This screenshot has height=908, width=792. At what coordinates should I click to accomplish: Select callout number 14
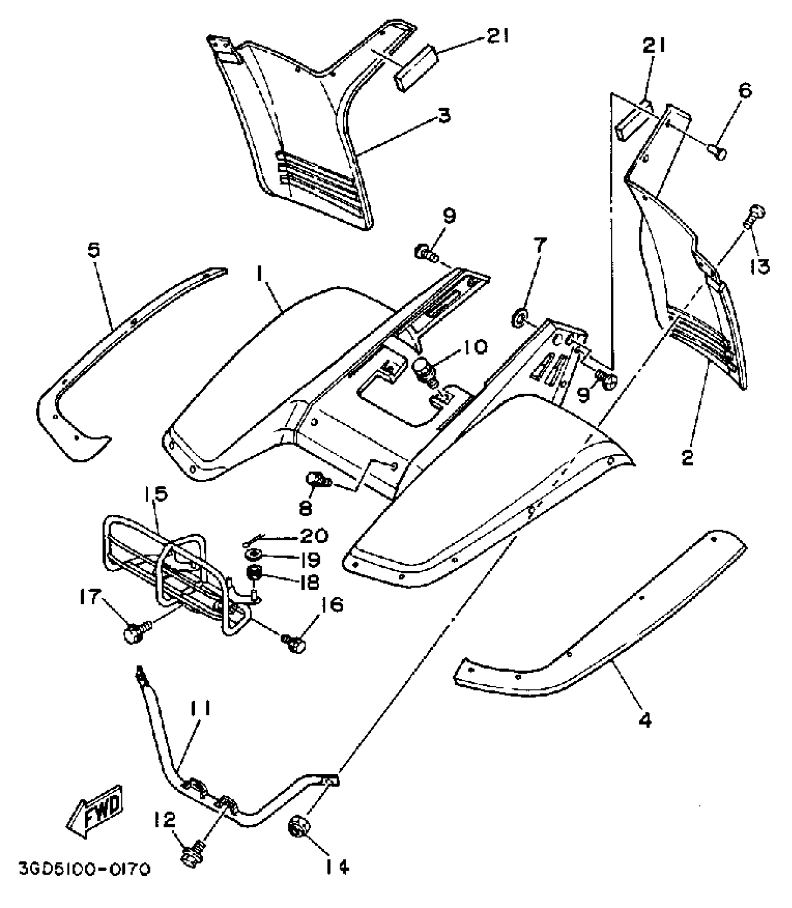click(x=335, y=867)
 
